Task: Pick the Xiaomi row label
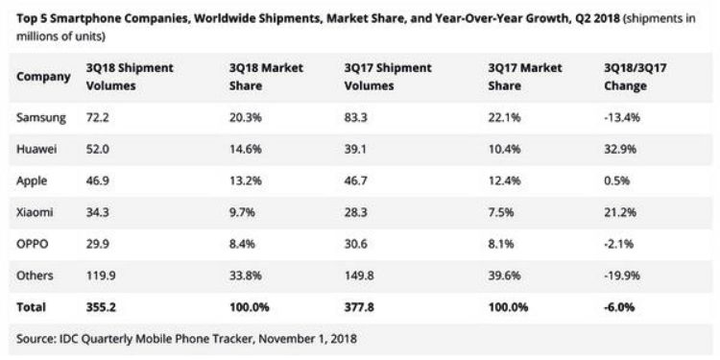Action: pyautogui.click(x=36, y=211)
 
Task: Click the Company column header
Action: pyautogui.click(x=44, y=77)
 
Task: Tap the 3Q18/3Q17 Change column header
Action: pyautogui.click(x=636, y=77)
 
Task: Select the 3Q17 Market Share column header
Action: pyautogui.click(x=524, y=77)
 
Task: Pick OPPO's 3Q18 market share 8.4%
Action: pyautogui.click(x=245, y=244)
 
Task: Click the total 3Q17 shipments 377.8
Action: pyautogui.click(x=361, y=307)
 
